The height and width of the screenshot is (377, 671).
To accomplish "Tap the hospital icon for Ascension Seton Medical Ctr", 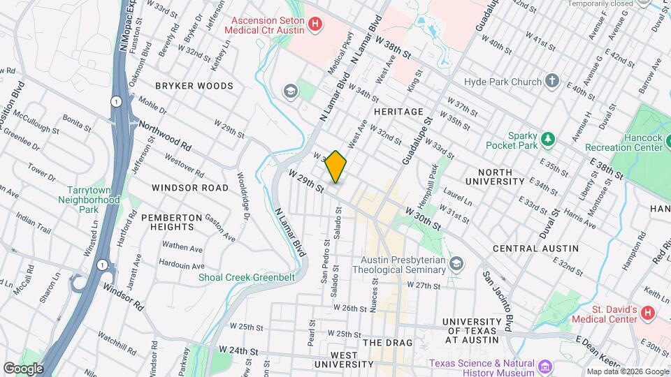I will [x=315, y=25].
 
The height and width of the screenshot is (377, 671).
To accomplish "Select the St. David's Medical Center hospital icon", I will [x=647, y=313].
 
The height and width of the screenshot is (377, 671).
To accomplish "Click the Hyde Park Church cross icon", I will [x=552, y=80].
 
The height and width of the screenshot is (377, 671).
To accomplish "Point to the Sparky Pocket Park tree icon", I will [x=549, y=140].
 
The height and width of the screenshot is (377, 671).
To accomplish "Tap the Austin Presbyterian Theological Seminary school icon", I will [x=456, y=263].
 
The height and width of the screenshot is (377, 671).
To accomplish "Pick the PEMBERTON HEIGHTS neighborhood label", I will [x=167, y=222].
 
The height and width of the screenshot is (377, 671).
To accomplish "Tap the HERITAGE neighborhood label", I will [x=398, y=112].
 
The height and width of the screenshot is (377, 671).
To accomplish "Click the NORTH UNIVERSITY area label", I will [x=509, y=177].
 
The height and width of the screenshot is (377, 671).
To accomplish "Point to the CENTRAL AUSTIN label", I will [x=535, y=249].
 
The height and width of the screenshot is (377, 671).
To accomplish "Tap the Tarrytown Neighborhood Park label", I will [x=94, y=200].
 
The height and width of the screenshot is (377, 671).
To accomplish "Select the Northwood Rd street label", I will [x=165, y=135].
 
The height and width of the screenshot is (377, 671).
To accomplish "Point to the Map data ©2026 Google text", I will [x=627, y=371].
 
